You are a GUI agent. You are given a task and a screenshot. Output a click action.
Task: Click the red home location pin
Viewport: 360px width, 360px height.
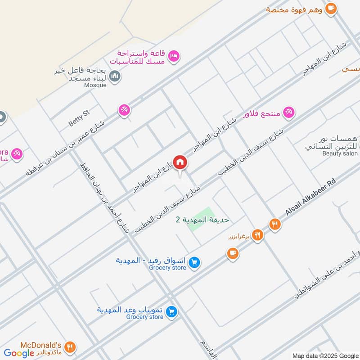point(180,162)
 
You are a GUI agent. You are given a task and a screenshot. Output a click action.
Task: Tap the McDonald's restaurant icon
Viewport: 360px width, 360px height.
point(69,347)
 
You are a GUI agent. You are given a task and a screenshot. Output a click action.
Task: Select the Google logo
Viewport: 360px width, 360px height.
point(19,353)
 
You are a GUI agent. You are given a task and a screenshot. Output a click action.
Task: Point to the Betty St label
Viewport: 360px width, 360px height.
point(79,118)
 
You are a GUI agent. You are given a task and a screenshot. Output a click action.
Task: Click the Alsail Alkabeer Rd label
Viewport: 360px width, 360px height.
point(311,197)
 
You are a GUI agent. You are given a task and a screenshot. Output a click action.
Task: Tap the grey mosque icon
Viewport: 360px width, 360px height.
point(115,77)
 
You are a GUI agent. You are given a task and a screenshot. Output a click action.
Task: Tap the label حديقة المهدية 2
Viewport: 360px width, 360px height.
point(202,220)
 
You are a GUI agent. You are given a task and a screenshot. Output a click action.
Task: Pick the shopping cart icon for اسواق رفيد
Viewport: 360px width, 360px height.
point(194,262)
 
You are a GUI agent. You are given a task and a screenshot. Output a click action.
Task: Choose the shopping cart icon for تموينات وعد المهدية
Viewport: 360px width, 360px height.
point(171,311)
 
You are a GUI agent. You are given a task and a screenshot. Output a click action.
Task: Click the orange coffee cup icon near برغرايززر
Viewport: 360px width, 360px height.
point(232,254)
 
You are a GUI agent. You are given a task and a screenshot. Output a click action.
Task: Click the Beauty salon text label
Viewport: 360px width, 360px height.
point(339,153)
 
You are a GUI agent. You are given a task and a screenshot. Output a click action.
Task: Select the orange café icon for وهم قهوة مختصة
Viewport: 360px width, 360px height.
point(330,8)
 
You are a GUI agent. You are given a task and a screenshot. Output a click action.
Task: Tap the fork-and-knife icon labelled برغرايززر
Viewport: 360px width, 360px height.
point(257,234)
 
